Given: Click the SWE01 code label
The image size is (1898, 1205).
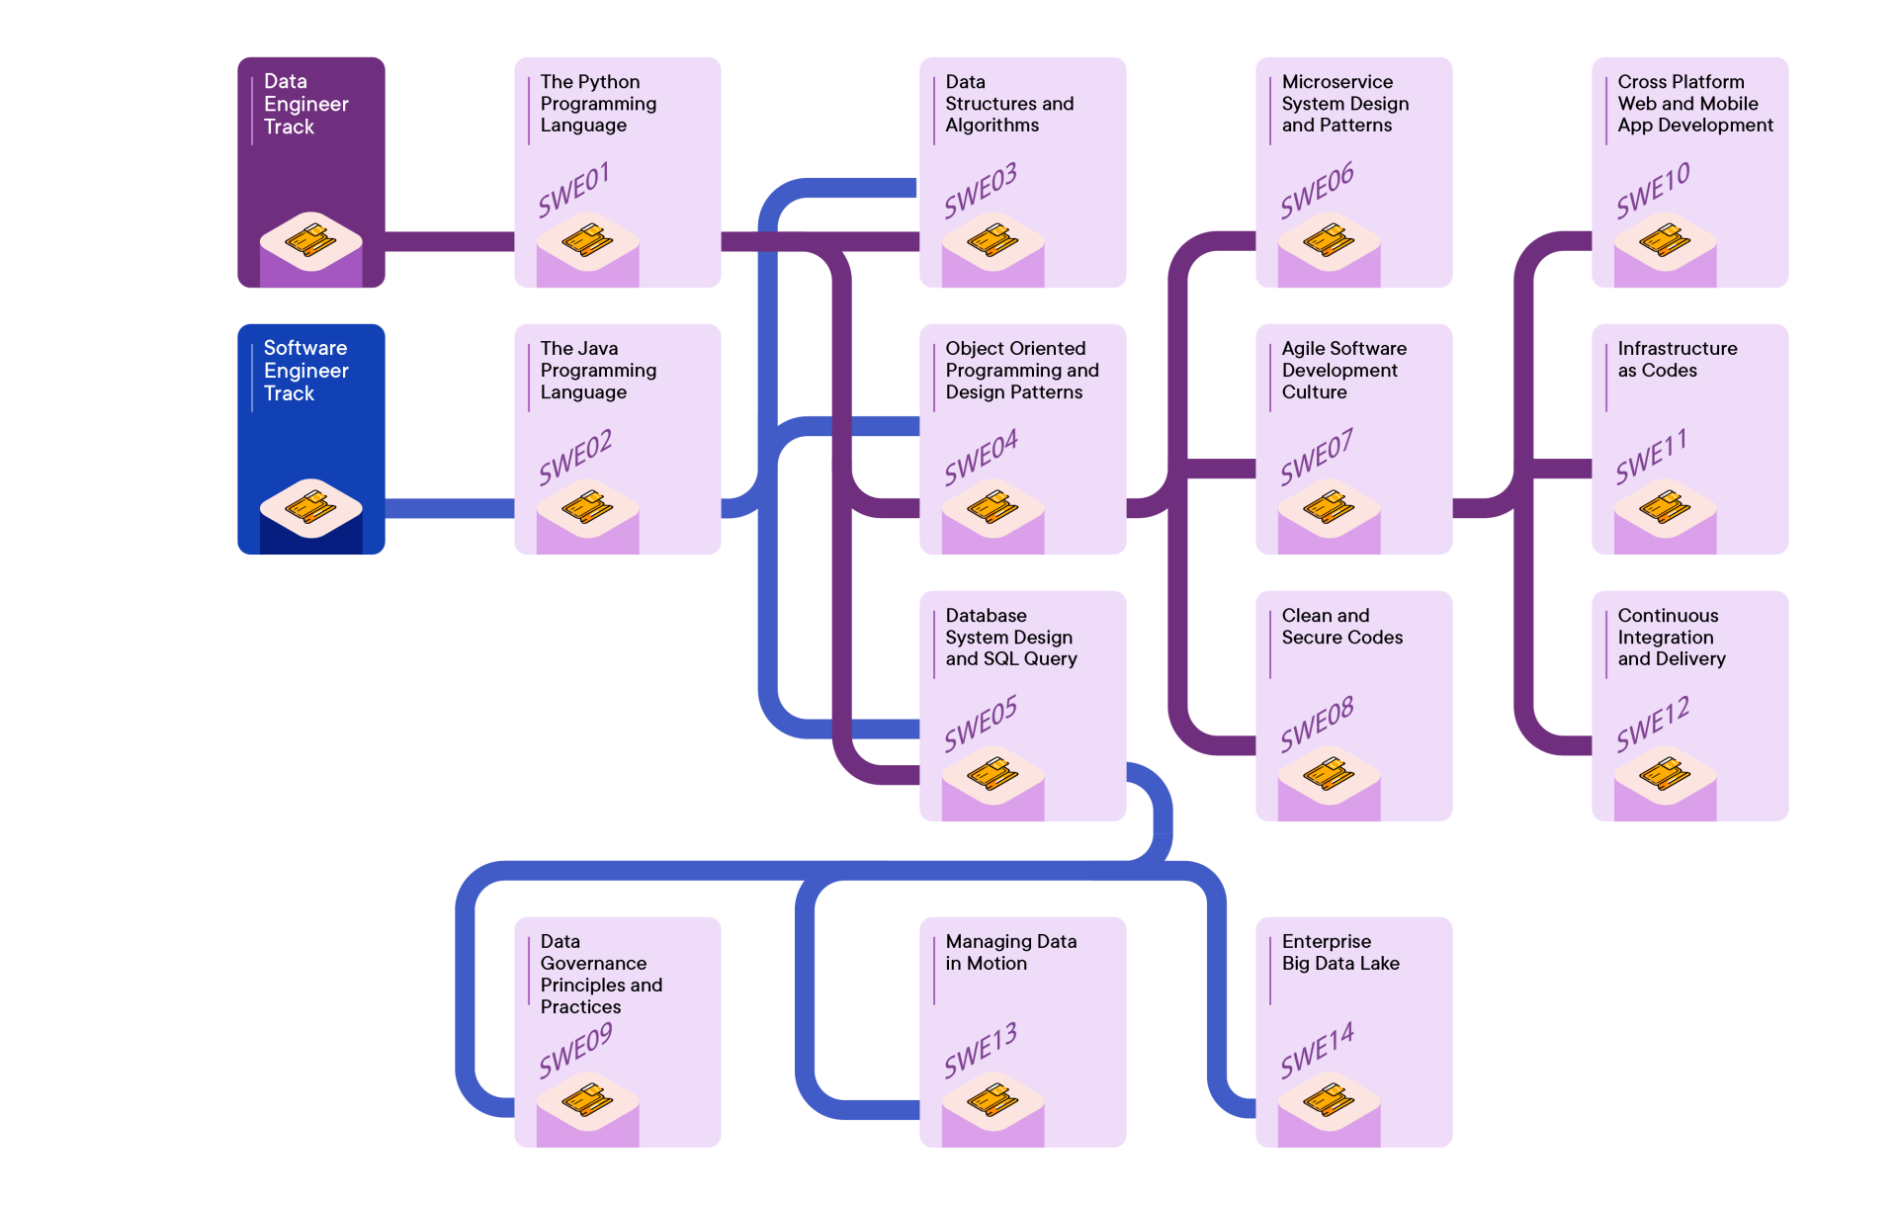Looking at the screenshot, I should [x=573, y=190].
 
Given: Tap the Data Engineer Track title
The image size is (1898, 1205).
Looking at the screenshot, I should [x=305, y=104].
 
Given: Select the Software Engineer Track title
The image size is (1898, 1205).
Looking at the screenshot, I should [x=305, y=371].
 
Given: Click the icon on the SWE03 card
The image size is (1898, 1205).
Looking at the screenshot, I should [x=992, y=240].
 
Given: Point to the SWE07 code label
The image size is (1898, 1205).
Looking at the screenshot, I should [x=1316, y=457].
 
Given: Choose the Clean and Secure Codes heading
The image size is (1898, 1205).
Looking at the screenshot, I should [x=1341, y=627].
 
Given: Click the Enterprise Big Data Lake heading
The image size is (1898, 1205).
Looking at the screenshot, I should [x=1339, y=952].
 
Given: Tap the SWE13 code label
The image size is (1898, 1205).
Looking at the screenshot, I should [x=980, y=1050].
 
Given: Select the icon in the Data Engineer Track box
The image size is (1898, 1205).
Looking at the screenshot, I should [x=310, y=240].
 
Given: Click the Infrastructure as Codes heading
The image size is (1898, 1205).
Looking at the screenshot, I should [x=1677, y=360].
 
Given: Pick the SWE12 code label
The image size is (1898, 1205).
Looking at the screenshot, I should [x=1652, y=724].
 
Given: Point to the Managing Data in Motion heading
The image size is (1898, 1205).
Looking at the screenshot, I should [x=1010, y=952].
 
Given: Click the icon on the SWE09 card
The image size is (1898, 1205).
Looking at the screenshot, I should [x=587, y=1099].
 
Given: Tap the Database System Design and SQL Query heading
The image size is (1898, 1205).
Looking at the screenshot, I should [x=1010, y=638].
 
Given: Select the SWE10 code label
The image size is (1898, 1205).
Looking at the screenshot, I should [x=1652, y=190].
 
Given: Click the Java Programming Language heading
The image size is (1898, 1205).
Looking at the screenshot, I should [x=597, y=371].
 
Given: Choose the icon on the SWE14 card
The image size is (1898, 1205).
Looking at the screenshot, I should [x=1329, y=1099].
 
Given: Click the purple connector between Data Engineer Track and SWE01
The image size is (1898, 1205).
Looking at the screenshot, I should [x=450, y=242].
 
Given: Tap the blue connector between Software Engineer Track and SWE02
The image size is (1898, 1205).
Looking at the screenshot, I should [x=450, y=508].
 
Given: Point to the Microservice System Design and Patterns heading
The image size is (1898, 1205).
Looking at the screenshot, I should [x=1344, y=104].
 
